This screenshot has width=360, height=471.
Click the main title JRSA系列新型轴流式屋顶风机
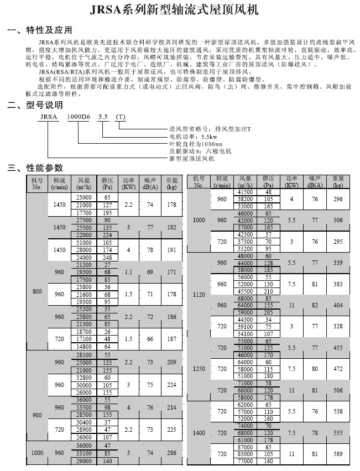pyautogui.click(x=179, y=9)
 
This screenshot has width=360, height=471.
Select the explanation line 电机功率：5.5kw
pyautogui.click(x=193, y=136)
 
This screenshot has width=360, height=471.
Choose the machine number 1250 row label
pyautogui.click(x=199, y=368)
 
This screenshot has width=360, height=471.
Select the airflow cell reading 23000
pyautogui.click(x=84, y=197)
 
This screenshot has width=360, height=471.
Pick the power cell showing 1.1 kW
pyautogui.click(x=128, y=272)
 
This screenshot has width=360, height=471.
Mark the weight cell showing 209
pyautogui.click(x=172, y=362)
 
